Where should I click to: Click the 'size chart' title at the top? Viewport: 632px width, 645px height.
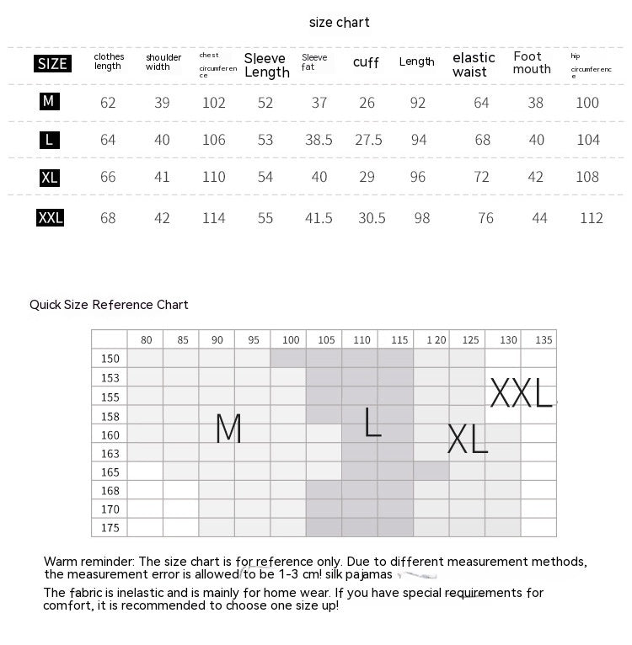[x=339, y=23]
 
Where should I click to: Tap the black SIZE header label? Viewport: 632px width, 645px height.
[x=52, y=64]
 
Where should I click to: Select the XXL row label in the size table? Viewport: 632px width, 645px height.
[x=51, y=218]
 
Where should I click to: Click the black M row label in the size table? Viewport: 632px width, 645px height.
[x=49, y=101]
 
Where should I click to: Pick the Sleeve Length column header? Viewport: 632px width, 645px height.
[x=266, y=65]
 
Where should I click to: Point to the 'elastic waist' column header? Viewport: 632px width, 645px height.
[x=474, y=64]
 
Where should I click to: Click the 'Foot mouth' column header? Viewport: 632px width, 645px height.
[x=532, y=63]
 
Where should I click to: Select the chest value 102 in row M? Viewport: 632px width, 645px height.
[x=214, y=103]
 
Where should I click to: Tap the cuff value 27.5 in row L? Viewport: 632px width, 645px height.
[x=368, y=140]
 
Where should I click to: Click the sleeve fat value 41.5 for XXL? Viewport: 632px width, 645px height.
[x=319, y=218]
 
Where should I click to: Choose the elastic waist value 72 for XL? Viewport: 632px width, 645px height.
[x=482, y=177]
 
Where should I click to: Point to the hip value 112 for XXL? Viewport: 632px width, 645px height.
[x=592, y=218]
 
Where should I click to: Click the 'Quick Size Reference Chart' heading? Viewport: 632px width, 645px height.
[x=109, y=305]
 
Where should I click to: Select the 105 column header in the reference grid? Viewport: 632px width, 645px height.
[x=326, y=340]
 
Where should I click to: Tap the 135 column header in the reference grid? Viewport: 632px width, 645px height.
[x=544, y=340]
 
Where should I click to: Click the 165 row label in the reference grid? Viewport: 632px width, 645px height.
[x=110, y=472]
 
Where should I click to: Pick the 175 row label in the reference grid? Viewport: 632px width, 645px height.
[x=110, y=528]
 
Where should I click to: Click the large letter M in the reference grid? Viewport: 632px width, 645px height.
[x=228, y=429]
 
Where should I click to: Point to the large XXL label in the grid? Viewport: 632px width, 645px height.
[x=521, y=393]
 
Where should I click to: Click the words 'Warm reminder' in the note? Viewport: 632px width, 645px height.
[x=88, y=562]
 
